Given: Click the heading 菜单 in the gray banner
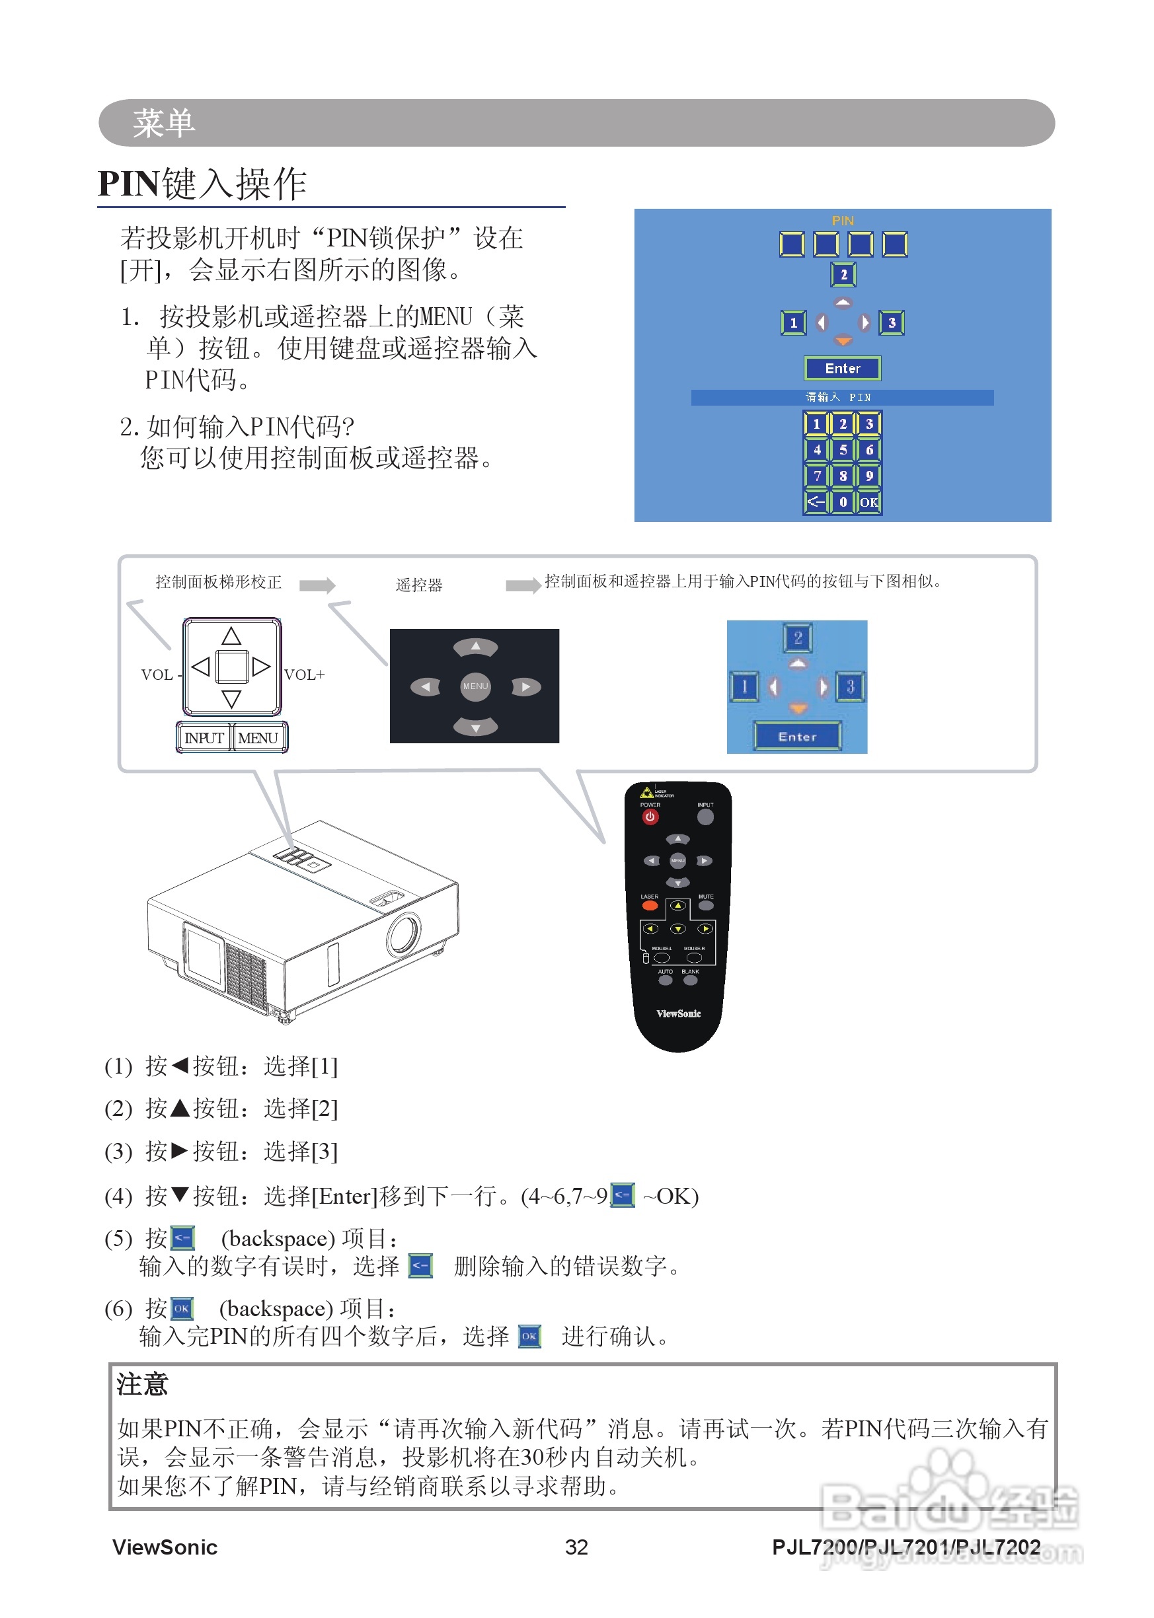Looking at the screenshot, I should click(x=163, y=123).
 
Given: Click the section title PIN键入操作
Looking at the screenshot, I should click(x=202, y=184).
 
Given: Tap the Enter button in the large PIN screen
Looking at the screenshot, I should click(x=842, y=368).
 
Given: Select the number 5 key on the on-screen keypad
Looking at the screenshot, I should click(x=843, y=450).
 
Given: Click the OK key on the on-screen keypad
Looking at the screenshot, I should click(x=868, y=502).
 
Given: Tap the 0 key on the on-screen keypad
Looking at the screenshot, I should click(x=843, y=502).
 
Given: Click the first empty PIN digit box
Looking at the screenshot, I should click(x=792, y=244).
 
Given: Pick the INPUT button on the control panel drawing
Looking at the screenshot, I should click(x=204, y=738).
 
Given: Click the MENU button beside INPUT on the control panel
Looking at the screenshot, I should click(x=258, y=738).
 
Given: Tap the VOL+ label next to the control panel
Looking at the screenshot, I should click(x=304, y=674).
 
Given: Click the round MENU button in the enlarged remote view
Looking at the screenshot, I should click(x=475, y=686).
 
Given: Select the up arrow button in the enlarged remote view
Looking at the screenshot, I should click(x=475, y=646).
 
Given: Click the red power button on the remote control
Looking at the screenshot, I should click(x=650, y=817).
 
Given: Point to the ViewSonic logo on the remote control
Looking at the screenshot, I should click(x=678, y=1013).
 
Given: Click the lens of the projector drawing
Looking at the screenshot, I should click(x=404, y=934).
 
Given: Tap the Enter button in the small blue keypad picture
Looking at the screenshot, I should click(x=797, y=737).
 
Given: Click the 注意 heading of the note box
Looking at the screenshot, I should click(x=142, y=1384).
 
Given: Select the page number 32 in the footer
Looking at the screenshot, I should click(x=576, y=1547).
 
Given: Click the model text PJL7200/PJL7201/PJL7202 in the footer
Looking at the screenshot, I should click(x=906, y=1547).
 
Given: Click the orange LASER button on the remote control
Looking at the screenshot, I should click(x=650, y=906).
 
